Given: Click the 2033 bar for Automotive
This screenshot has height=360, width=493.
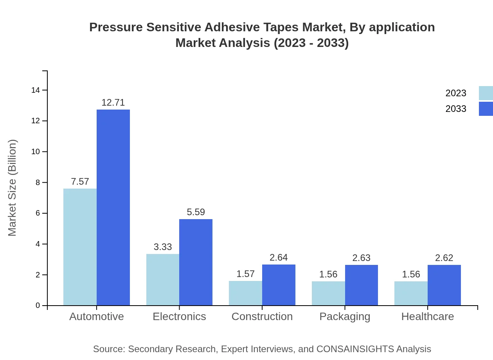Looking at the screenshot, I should tap(113, 207).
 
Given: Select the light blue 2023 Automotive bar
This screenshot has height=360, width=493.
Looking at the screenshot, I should tap(80, 247).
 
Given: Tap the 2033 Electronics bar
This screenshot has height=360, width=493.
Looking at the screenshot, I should tap(196, 262).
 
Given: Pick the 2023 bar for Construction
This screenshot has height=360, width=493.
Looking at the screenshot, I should tap(245, 293).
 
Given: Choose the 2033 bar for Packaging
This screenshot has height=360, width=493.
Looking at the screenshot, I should tap(361, 285).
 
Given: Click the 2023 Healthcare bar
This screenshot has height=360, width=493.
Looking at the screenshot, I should tap(411, 293).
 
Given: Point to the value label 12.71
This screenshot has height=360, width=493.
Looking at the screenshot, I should tap(113, 103).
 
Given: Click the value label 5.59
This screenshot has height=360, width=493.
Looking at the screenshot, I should tap(196, 212).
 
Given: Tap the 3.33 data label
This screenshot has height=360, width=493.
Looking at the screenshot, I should tap(162, 247).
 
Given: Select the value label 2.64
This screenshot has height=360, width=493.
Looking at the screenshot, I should tap(279, 257).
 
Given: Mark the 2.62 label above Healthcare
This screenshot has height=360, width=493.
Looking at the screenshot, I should tap(444, 258).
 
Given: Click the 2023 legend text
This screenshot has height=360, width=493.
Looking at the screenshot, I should tap(456, 93).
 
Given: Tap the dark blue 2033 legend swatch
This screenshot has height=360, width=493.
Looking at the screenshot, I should tap(486, 109).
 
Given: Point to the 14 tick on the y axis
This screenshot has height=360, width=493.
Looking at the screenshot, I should tap(36, 90).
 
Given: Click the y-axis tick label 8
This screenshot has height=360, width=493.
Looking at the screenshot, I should tap(38, 182).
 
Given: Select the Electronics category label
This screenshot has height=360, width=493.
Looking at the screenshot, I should tap(179, 316).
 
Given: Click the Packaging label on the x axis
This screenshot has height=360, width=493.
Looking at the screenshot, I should tap(345, 316).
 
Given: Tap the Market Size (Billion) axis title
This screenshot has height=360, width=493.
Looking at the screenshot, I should tap(13, 188).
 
